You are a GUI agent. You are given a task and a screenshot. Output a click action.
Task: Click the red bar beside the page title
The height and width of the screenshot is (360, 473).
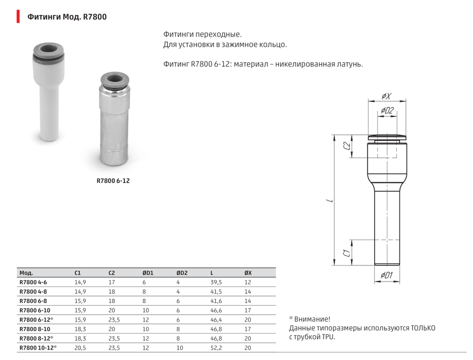(x=18, y=17)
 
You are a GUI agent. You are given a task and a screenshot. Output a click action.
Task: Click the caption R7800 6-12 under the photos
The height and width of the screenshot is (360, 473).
(x=113, y=180)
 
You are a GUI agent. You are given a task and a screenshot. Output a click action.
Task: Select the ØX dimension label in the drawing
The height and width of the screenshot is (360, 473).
(x=386, y=96)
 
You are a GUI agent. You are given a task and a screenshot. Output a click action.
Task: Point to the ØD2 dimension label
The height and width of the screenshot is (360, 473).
(x=387, y=111)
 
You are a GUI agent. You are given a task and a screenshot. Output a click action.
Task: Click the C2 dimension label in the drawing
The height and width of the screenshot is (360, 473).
(x=347, y=146)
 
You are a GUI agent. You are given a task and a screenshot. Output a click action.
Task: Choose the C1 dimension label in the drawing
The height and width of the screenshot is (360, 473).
(x=347, y=253)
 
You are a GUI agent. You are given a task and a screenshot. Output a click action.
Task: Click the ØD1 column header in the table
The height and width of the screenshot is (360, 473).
(x=148, y=273)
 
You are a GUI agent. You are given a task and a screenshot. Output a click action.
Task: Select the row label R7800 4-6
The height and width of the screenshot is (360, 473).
(x=33, y=282)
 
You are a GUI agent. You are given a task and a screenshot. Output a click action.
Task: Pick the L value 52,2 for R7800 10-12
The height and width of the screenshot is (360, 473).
(x=216, y=347)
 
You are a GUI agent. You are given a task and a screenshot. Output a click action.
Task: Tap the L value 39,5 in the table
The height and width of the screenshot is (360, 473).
(x=216, y=282)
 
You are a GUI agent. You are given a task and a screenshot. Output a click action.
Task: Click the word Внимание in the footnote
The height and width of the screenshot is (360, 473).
(x=312, y=319)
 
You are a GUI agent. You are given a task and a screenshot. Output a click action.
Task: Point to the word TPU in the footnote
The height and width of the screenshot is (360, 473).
(x=328, y=337)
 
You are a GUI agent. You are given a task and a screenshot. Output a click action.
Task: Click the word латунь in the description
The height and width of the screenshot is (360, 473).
(x=350, y=64)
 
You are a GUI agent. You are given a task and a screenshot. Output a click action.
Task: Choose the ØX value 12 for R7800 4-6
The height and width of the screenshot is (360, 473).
(x=247, y=282)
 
